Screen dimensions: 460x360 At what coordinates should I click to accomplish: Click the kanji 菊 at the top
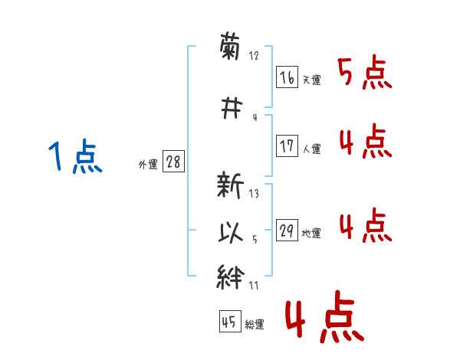tap(230, 46)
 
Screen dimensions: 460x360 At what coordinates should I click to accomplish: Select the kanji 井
tap(232, 108)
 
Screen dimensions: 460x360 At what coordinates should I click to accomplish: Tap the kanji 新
tap(230, 185)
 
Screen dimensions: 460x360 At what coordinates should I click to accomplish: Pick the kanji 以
tap(231, 233)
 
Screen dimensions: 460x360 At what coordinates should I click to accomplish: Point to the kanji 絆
tap(230, 277)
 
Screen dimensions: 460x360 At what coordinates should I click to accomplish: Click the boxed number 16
tap(287, 77)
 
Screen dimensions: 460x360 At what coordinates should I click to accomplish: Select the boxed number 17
tap(287, 146)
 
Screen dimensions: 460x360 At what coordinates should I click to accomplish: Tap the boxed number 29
tap(287, 230)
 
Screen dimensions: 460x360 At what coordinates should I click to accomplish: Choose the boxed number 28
tap(173, 161)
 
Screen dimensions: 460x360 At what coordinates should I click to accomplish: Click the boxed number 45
tap(230, 321)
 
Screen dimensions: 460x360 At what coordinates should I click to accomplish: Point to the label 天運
tap(311, 80)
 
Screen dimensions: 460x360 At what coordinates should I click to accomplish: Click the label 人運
tap(311, 149)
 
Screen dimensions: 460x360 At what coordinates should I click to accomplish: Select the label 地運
tap(311, 234)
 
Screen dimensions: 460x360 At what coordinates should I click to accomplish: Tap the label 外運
tap(148, 165)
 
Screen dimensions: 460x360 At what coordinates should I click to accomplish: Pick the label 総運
tap(255, 325)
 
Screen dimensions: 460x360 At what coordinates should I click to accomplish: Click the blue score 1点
tap(75, 156)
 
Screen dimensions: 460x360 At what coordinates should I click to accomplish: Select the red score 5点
tap(365, 72)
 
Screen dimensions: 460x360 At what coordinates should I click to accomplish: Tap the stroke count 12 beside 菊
tap(254, 55)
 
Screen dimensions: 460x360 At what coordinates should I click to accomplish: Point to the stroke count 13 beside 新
tap(254, 194)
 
